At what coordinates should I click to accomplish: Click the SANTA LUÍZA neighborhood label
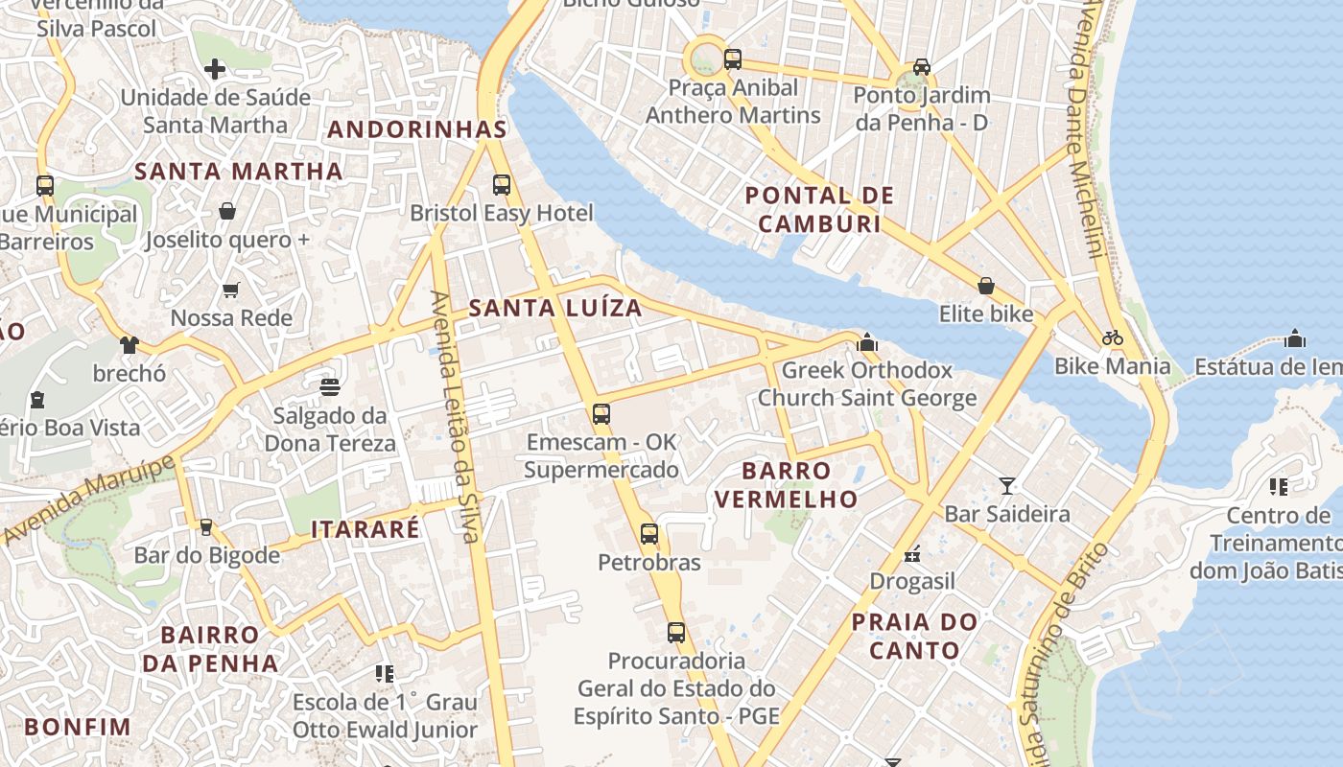[555, 308]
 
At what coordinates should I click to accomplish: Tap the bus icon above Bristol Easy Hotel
[502, 184]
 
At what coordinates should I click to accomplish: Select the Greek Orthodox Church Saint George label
[867, 383]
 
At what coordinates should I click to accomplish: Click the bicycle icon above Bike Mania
[1113, 337]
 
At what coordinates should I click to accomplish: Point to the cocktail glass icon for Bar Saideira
[1007, 485]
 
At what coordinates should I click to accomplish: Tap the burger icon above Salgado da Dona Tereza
[330, 387]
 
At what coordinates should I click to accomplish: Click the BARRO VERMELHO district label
[786, 484]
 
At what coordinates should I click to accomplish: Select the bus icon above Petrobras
[649, 534]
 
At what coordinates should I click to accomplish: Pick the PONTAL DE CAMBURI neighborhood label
[819, 210]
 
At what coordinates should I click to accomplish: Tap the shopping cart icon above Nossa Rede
[230, 290]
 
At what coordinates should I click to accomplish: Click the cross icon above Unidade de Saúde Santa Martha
[215, 68]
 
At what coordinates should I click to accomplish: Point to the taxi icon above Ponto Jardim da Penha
[922, 66]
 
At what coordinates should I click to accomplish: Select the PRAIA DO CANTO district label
[914, 636]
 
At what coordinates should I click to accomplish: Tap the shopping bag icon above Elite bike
[985, 286]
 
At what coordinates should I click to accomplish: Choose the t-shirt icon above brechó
[129, 345]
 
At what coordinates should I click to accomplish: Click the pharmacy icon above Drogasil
[911, 553]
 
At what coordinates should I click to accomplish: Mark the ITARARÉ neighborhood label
[365, 529]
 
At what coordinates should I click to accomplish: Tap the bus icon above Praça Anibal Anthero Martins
[733, 59]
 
